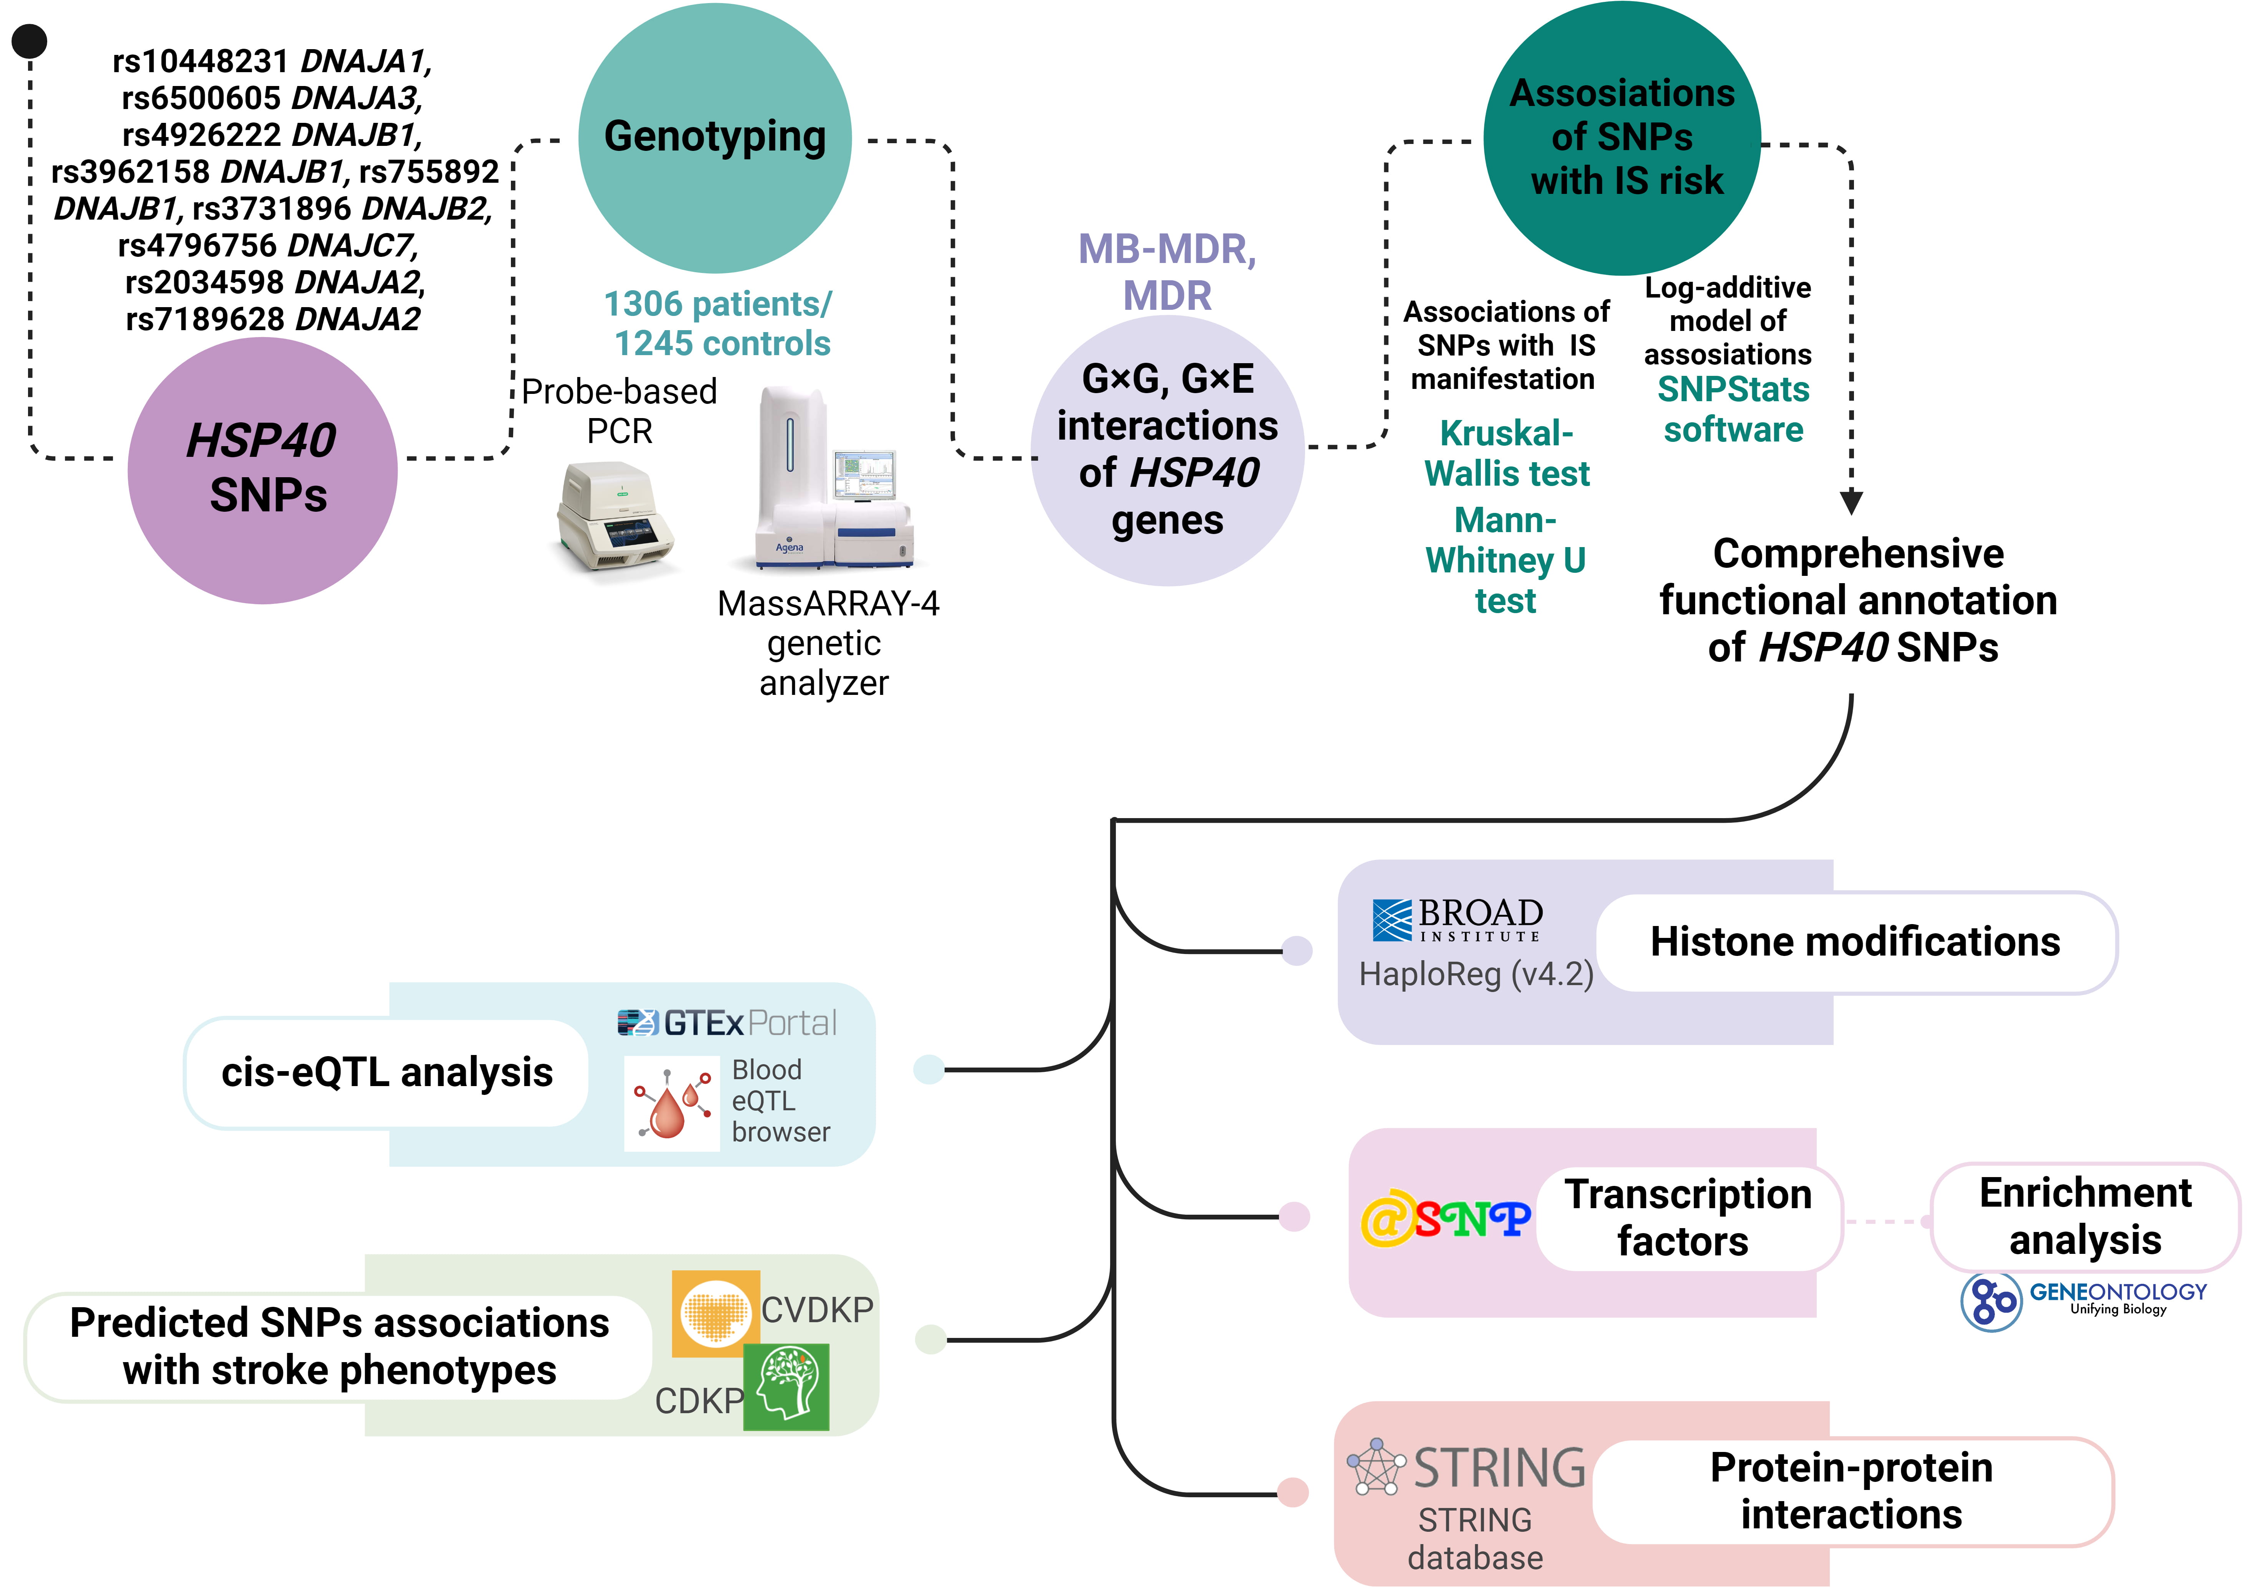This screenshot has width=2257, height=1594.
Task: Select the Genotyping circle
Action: tap(715, 138)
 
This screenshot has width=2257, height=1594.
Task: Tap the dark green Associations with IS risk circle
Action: tap(1622, 138)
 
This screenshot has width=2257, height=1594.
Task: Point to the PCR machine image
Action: tap(615, 516)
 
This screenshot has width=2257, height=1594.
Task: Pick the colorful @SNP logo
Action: tap(1445, 1219)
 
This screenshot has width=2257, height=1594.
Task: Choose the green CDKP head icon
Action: tap(786, 1387)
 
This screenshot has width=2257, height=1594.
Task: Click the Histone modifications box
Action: tap(1855, 942)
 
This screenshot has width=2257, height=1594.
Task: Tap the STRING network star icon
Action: tap(1376, 1467)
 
